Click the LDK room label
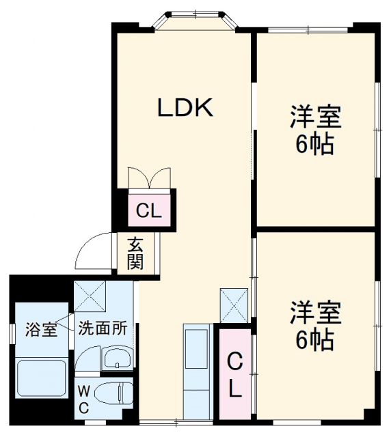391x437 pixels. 186,108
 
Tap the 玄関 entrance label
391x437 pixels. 135,253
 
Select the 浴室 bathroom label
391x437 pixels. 40,329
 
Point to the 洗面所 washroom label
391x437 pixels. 101,328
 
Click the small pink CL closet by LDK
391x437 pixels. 149,211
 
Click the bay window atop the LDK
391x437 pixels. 194,18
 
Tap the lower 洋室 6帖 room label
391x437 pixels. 315,325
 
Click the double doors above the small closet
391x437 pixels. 149,178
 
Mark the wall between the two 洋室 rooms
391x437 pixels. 315,229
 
